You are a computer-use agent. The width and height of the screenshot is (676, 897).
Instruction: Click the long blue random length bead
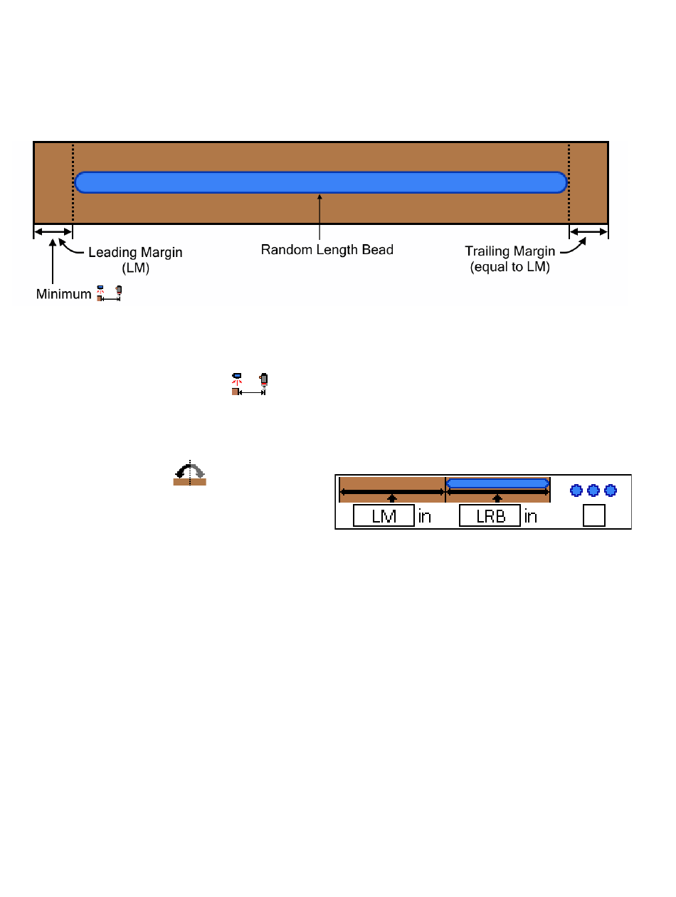point(321,182)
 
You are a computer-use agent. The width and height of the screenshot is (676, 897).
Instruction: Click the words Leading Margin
point(135,253)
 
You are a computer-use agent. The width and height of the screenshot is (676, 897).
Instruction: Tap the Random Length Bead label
point(327,250)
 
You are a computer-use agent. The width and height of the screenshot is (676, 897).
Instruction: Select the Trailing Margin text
point(509,251)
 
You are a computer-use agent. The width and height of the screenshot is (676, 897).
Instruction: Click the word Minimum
point(63,294)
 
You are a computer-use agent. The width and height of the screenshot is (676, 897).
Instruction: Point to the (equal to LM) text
point(509,267)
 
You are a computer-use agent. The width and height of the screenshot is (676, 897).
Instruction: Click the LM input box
point(384,515)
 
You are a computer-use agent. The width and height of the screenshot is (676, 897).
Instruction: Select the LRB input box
point(490,515)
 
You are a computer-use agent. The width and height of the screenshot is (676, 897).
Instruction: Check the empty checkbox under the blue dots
point(594,515)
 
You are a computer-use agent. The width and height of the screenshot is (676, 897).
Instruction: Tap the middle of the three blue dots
point(593,491)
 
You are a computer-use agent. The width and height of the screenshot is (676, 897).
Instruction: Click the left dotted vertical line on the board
point(73,183)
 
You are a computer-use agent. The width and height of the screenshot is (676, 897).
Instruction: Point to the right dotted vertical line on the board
point(569,183)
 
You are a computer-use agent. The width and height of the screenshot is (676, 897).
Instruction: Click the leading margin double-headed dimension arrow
point(53,231)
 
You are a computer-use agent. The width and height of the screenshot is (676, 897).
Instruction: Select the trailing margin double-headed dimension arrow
point(588,231)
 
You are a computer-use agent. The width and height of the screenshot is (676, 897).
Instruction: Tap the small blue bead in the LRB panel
point(497,483)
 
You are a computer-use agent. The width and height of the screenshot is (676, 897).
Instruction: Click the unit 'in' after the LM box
point(424,517)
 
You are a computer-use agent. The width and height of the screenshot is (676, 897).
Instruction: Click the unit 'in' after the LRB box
point(531,517)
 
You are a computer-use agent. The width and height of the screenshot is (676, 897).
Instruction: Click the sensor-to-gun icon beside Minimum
point(109,293)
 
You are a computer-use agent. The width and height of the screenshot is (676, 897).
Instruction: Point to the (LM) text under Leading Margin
point(136,268)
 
